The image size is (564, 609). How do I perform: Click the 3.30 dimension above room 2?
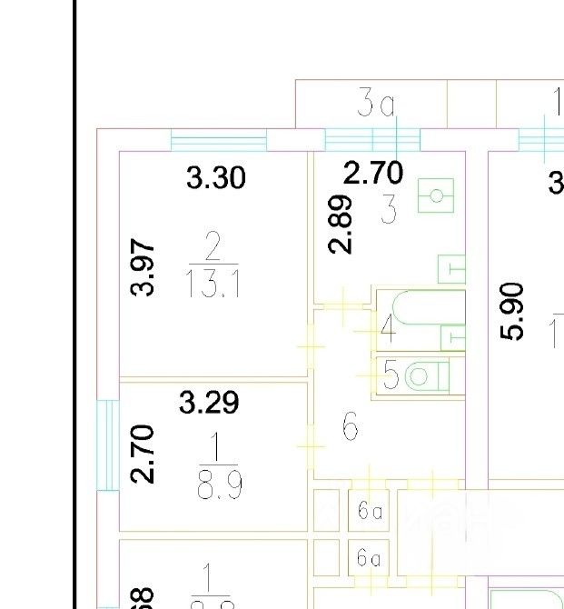pos(216,177)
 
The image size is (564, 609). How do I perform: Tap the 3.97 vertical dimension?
pos(143,267)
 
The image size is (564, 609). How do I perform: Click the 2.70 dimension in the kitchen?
pos(372,173)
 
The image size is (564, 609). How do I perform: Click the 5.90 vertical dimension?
pos(514,310)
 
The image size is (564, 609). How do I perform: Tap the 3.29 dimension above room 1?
pos(209,402)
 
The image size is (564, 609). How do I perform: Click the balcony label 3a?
pos(376,105)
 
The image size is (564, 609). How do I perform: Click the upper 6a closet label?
pos(370,512)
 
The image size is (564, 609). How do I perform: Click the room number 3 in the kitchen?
pos(389,211)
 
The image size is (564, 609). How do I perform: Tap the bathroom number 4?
pos(388,327)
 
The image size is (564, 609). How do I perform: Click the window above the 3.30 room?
pos(219,141)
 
